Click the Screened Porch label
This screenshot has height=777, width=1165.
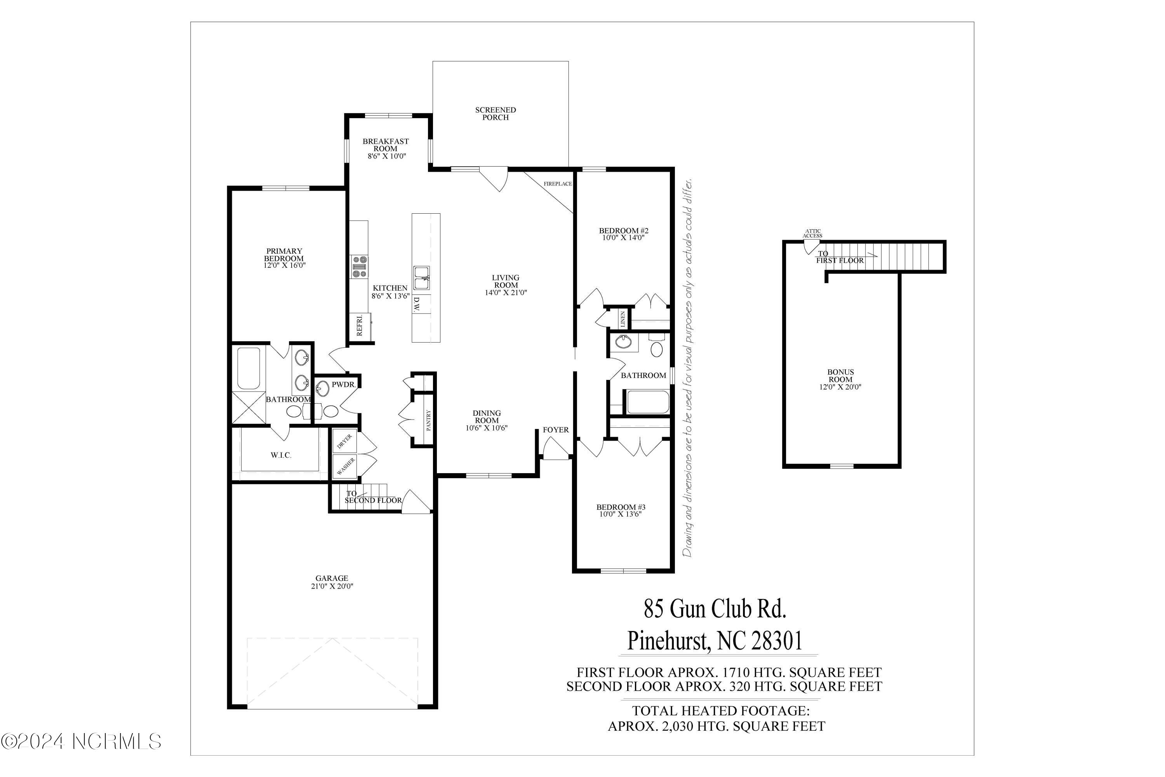point(496,113)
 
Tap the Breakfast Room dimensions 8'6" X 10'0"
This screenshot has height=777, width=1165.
point(386,156)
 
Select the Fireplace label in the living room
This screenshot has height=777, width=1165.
point(557,184)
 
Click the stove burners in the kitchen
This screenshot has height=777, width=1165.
point(360,266)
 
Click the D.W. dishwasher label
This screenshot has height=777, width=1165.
point(417,304)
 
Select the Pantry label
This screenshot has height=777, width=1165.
point(428,420)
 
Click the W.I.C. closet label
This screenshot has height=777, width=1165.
point(281,455)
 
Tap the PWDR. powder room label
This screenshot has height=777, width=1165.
point(343,385)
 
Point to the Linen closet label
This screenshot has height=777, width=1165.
point(622,319)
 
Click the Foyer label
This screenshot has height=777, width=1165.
point(556,430)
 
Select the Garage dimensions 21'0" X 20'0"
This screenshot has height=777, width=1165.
point(332,586)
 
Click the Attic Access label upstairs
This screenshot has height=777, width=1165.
point(812,233)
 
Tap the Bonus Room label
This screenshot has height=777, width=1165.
point(841,376)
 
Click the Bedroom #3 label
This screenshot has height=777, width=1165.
point(621,507)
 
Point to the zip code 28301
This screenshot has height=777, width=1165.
point(777,641)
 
